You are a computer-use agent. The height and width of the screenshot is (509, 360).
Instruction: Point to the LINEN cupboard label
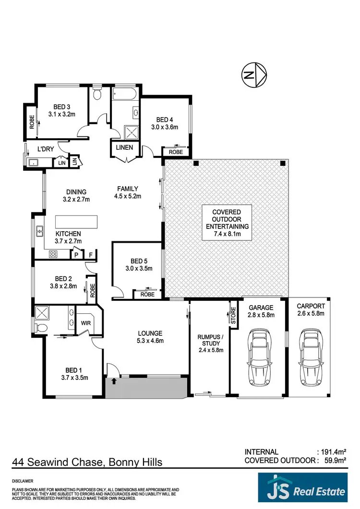click(x=124, y=147)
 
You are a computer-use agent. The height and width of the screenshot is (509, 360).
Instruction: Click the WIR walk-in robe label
click(x=86, y=323)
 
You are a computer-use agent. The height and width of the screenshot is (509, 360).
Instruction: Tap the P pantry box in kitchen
click(x=76, y=255)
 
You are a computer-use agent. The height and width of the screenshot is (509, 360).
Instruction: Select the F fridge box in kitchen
click(x=91, y=255)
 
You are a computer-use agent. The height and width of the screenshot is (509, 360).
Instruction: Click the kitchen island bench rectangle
click(x=76, y=222)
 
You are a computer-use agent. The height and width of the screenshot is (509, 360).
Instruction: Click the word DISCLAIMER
click(x=23, y=480)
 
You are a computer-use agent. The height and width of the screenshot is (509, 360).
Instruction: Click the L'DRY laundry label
click(x=46, y=149)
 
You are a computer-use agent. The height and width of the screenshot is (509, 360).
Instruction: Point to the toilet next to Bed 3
click(x=97, y=94)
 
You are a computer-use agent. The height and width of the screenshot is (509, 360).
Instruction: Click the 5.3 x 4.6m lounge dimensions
click(x=150, y=341)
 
